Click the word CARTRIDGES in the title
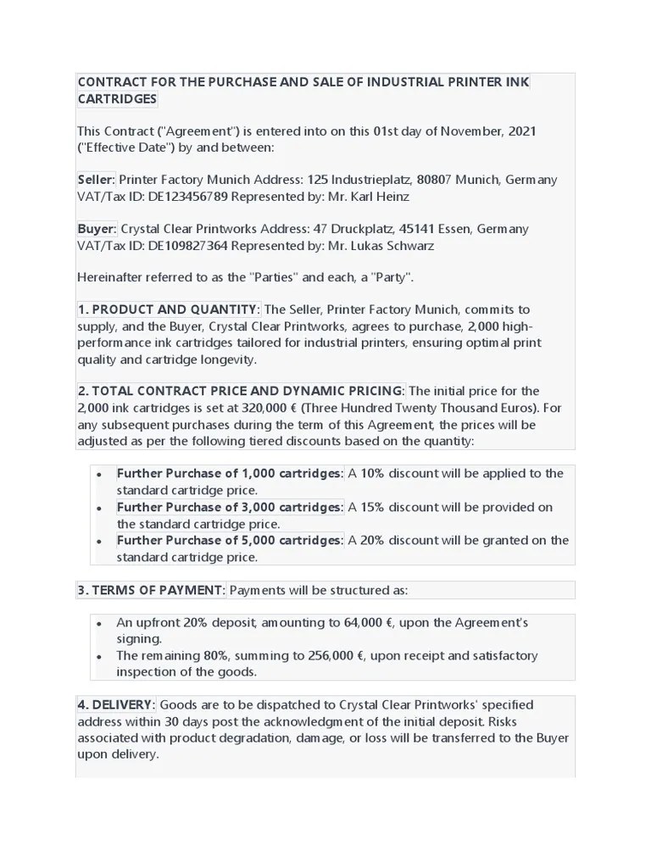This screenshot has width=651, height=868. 117,99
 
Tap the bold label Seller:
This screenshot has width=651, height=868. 96,180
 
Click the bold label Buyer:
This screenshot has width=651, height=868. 97,229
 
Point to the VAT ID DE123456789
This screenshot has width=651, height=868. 186,196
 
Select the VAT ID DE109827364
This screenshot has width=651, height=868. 186,245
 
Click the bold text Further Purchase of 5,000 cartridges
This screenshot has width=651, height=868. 230,540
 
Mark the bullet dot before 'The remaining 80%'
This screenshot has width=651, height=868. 99,656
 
